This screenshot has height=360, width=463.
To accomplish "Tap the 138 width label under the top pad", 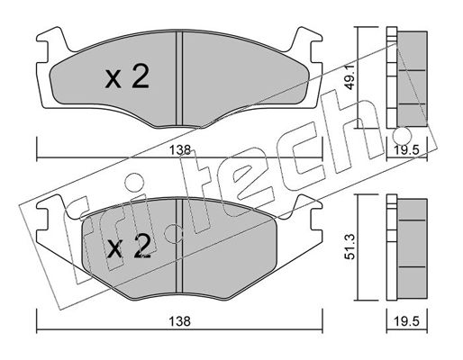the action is [180, 149].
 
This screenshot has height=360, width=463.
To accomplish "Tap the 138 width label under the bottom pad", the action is [179, 321].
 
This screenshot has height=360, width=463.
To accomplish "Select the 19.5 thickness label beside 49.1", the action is [407, 149].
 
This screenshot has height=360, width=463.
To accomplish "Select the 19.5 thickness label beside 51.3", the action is [407, 321].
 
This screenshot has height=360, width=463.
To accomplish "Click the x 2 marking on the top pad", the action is [127, 77].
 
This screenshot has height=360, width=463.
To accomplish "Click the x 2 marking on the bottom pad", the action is [129, 247].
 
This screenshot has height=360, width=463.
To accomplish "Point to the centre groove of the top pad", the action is [179, 78].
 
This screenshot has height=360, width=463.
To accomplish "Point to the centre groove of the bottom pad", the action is [179, 246].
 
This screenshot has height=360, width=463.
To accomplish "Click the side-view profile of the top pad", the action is [407, 78].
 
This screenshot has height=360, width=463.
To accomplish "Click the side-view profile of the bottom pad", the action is [407, 247].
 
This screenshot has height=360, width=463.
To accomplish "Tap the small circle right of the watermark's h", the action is [402, 135].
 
